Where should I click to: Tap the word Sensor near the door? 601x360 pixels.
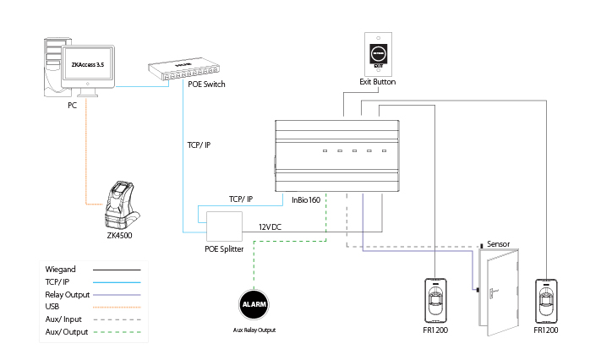(x=499, y=244)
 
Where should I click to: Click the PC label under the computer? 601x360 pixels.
(x=74, y=107)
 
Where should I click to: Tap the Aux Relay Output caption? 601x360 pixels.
(x=254, y=330)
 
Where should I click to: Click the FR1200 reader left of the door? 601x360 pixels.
(x=435, y=301)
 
